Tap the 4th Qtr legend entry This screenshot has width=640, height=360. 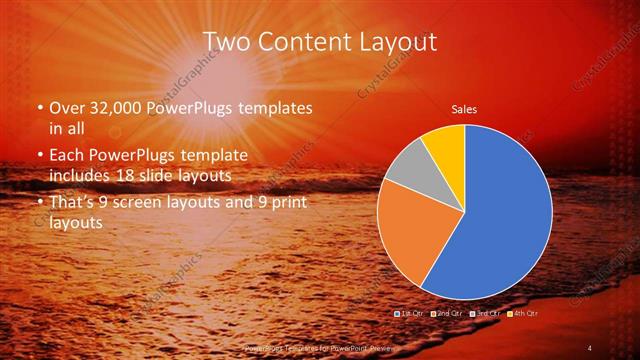pos(525,314)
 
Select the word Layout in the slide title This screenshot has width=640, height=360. pos(400,41)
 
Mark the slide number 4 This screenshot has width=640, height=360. pos(589,347)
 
